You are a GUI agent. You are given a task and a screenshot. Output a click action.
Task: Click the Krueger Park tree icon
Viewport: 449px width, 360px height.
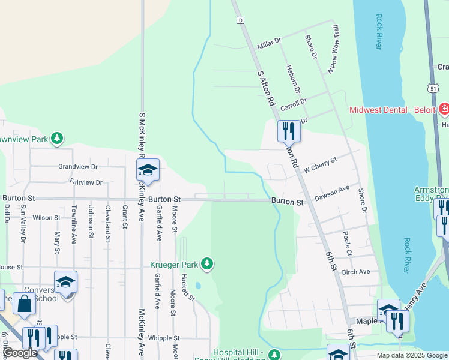pyautogui.click(x=207, y=263)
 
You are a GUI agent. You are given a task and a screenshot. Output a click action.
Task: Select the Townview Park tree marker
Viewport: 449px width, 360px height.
pyautogui.click(x=57, y=139)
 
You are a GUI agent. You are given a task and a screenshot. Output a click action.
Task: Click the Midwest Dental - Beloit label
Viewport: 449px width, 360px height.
pyautogui.click(x=393, y=110)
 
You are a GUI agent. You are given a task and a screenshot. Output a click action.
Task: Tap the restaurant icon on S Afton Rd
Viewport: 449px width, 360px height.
pyautogui.click(x=289, y=131)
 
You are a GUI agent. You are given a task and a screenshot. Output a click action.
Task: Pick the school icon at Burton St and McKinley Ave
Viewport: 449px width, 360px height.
pyautogui.click(x=148, y=170)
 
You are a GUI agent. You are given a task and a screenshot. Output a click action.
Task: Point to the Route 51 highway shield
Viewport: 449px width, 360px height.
pyautogui.click(x=433, y=88)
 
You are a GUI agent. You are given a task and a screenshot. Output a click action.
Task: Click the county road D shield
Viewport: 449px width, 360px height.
pyautogui.click(x=240, y=20)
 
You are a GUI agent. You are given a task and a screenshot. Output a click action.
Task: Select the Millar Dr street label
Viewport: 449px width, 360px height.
pyautogui.click(x=269, y=43)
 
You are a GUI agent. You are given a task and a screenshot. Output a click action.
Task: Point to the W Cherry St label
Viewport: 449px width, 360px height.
pyautogui.click(x=321, y=164)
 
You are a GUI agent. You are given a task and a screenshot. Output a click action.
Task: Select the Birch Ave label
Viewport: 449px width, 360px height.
pyautogui.click(x=355, y=272)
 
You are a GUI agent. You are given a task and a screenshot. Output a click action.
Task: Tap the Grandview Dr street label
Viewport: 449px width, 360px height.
pyautogui.click(x=77, y=166)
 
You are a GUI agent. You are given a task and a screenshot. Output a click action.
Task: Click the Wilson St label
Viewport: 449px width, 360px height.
pyautogui.click(x=43, y=218)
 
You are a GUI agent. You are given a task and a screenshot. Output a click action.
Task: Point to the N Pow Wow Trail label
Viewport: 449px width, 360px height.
pyautogui.click(x=337, y=50)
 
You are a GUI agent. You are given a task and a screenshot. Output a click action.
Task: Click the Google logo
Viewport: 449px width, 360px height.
pyautogui.click(x=20, y=353)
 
